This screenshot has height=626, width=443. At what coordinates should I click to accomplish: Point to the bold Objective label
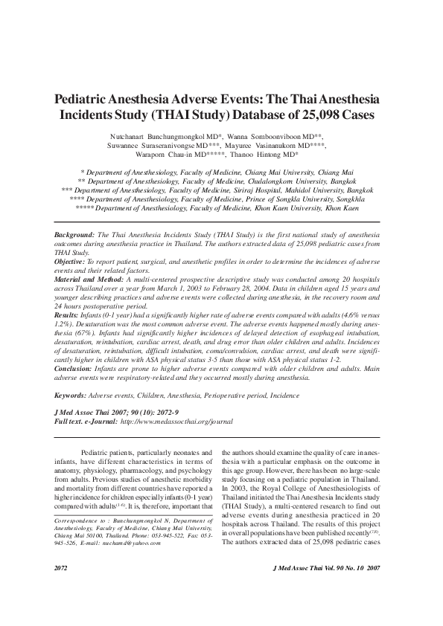[72, 262]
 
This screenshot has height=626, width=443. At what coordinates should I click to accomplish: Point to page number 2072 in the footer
[63, 588]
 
